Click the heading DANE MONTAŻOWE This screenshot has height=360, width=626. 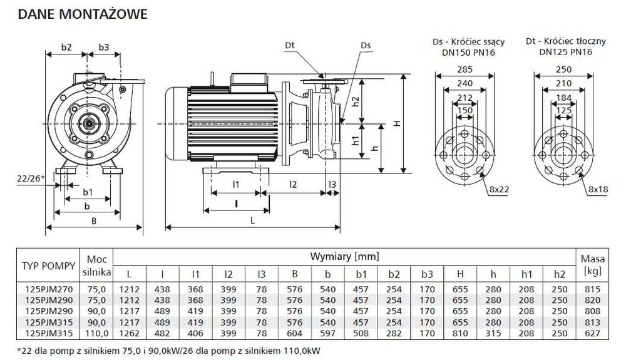click(x=83, y=14)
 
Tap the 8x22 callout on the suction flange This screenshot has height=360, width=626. click(x=499, y=189)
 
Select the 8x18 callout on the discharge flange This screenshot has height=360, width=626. click(x=598, y=189)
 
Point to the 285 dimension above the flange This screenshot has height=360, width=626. click(x=464, y=69)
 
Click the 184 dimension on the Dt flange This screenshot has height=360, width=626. click(x=563, y=98)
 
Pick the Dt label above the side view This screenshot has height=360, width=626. click(x=290, y=45)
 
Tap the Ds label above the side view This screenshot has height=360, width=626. click(x=366, y=45)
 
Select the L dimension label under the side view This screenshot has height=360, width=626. click(x=252, y=220)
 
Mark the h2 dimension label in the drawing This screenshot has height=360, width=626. click(x=356, y=101)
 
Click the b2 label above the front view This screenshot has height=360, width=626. click(x=66, y=47)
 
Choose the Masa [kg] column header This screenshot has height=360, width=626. click(x=592, y=265)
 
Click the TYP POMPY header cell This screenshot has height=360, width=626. click(x=49, y=266)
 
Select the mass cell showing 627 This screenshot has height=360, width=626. click(x=592, y=333)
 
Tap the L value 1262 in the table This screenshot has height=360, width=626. click(x=130, y=333)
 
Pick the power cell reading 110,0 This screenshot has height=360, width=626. click(x=96, y=333)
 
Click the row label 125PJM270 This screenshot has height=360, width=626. click(x=49, y=289)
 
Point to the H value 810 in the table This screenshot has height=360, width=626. click(x=460, y=333)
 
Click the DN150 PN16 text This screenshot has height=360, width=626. click(x=468, y=53)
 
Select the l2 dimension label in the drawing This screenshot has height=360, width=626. click(x=293, y=185)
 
